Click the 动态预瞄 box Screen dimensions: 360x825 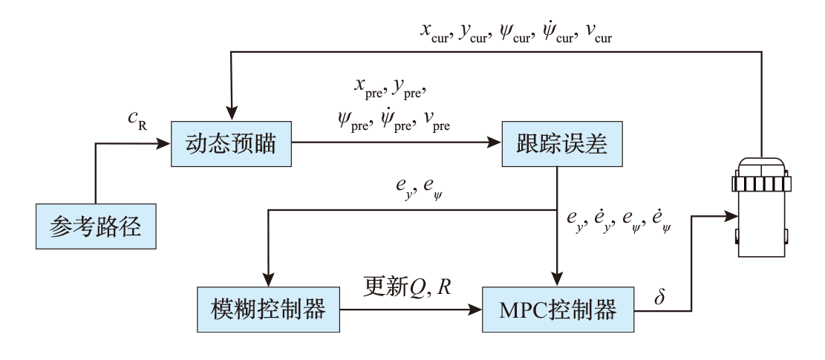232,143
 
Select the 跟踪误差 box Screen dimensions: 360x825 561,143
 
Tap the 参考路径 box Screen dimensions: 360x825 97,226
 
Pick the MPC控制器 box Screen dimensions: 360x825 560,309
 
